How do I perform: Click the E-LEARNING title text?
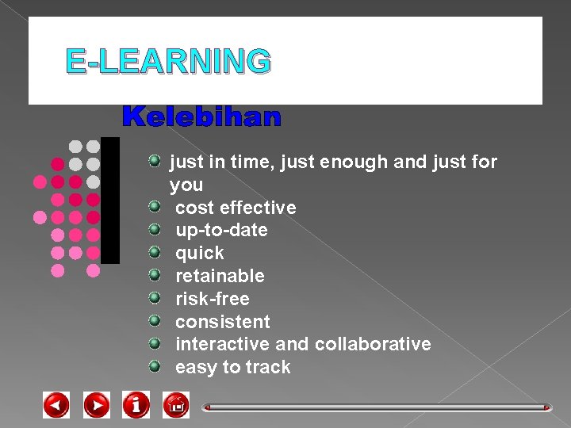[168, 61]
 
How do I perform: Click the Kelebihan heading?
[201, 118]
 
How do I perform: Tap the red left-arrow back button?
[56, 405]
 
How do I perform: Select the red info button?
[136, 405]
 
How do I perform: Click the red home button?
[175, 405]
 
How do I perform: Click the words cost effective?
[236, 208]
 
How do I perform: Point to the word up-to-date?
[221, 231]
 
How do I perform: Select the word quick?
[200, 254]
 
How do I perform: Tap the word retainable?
[220, 276]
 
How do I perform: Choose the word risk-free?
[213, 299]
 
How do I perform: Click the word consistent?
[223, 322]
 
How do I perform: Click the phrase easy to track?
[233, 367]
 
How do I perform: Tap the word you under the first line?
[186, 185]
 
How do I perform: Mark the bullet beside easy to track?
[156, 366]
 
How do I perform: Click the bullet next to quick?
[156, 253]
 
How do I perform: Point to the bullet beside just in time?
[156, 162]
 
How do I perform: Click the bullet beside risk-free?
[156, 298]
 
